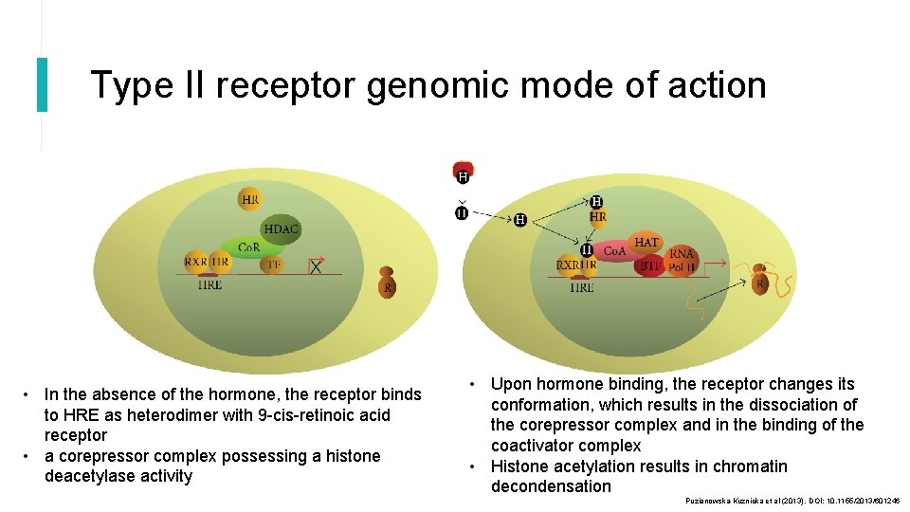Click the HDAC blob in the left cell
282,229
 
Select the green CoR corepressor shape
248,247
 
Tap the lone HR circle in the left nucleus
250,200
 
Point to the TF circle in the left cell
272,265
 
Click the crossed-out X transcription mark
316,267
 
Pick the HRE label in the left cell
210,283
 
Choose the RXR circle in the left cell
196,262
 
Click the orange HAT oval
646,243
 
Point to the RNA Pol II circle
682,260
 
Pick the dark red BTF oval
649,266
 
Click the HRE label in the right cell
582,287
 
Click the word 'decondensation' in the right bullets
551,486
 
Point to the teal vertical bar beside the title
42,84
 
